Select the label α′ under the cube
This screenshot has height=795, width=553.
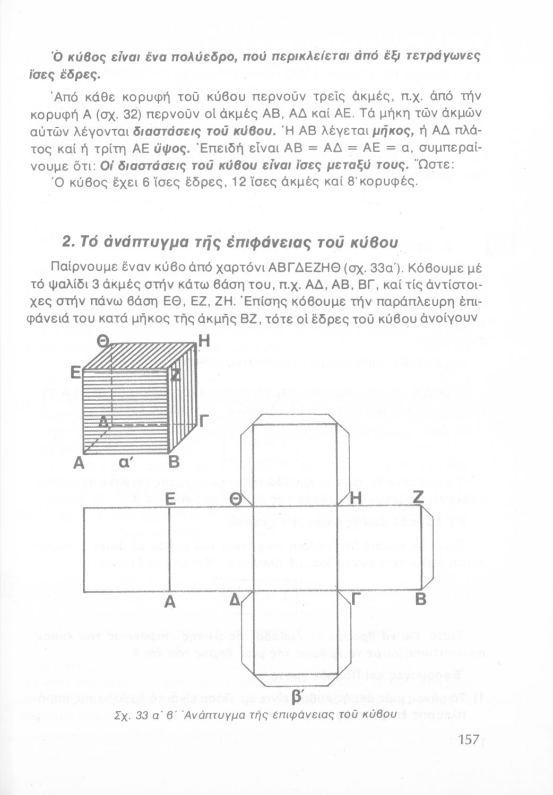pos(124,462)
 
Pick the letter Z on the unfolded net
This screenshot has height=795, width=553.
pos(419,497)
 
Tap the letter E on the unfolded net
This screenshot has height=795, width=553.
pos(170,499)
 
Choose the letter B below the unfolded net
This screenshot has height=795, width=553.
pos(420,600)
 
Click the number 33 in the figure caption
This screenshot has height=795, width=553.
pos(143,715)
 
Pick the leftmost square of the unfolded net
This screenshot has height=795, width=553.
pos(126,549)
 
